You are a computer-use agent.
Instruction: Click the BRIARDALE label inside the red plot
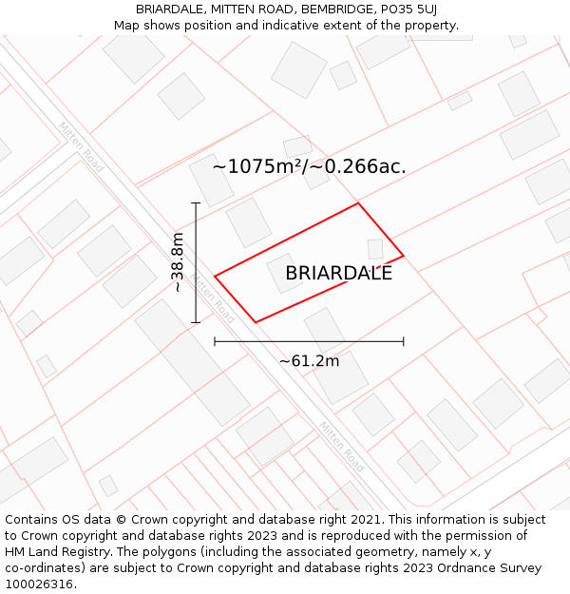(338, 274)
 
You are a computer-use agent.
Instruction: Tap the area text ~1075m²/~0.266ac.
(309, 166)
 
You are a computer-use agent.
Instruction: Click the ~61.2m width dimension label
(309, 361)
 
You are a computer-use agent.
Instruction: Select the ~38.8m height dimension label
(177, 264)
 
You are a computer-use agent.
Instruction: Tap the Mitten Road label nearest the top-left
(81, 141)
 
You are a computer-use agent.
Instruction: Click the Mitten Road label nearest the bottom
(341, 447)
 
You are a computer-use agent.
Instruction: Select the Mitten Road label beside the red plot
(212, 298)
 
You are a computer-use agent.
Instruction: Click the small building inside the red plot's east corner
(375, 249)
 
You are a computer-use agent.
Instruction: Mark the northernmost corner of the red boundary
(358, 203)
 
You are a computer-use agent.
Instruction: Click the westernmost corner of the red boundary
(215, 277)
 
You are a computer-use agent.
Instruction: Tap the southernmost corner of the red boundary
(256, 322)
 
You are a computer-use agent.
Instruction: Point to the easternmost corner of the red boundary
(404, 256)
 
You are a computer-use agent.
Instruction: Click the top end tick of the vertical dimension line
(196, 203)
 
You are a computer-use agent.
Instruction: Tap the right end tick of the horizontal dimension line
(404, 340)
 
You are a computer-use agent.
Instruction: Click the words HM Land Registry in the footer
(53, 552)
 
